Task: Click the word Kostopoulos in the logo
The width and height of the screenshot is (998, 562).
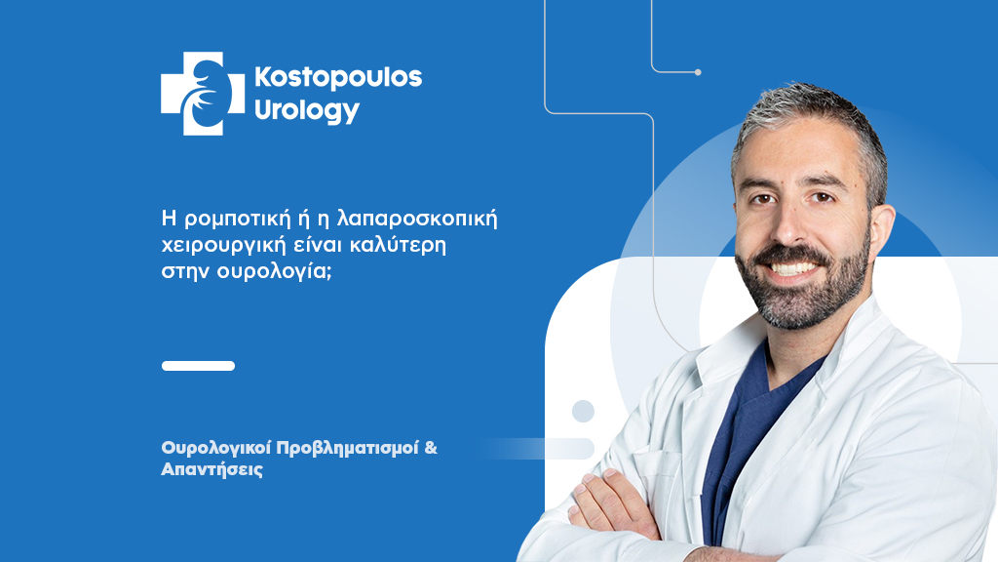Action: (337, 79)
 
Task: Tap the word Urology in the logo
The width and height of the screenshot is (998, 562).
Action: (307, 111)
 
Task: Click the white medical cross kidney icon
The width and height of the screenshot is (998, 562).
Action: (203, 94)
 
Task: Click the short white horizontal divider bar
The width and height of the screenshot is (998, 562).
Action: (198, 366)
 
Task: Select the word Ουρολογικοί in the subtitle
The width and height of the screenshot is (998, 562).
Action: (215, 448)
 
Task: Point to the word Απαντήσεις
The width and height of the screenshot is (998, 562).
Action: (212, 470)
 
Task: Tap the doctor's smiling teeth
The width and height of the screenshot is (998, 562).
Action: (791, 267)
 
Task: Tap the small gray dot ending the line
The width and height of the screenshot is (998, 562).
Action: (698, 72)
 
